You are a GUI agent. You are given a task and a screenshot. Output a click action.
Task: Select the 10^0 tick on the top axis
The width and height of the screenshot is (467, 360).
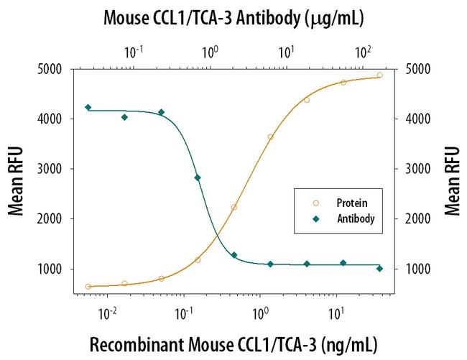coord(210,52)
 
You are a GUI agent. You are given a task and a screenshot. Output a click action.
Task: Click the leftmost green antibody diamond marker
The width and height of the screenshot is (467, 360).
coord(88,107)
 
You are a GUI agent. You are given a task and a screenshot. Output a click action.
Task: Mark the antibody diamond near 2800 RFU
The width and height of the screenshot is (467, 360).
coord(198,177)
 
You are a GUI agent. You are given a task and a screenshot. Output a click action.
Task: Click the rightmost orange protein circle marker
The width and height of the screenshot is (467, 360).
coord(380,75)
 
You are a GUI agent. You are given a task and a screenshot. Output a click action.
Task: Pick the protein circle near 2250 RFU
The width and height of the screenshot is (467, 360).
coord(234,207)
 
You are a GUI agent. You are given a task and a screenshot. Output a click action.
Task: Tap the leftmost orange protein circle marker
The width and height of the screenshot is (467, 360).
coord(88,287)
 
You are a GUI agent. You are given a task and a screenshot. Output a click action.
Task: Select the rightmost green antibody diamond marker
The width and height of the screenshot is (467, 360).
coord(380,269)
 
